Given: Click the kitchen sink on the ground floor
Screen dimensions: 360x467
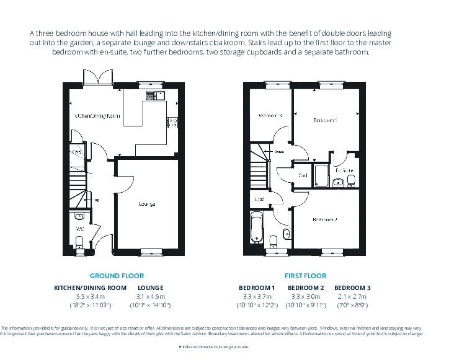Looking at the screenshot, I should click(154, 95).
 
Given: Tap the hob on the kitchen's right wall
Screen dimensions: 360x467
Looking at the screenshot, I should click(172, 123).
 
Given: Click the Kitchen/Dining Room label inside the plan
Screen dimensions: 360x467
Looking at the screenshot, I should click(97, 116).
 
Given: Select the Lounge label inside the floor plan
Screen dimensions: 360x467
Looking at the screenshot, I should click(147, 204).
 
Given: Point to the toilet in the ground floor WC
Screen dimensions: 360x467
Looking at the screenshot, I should click(79, 216).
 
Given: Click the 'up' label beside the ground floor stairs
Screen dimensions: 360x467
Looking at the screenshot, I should click(96, 200).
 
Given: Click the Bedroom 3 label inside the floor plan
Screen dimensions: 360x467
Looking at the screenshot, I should click(270, 115).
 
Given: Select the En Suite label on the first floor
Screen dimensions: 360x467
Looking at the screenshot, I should click(344, 170).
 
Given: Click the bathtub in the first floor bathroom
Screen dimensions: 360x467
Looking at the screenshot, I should click(257, 228).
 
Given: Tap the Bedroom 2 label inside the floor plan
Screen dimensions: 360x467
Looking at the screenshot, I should click(325, 220).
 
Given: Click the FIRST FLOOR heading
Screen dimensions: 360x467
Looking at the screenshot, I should click(305, 276).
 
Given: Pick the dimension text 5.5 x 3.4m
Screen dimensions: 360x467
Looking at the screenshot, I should click(90, 296).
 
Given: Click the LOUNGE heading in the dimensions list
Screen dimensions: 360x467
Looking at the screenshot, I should click(150, 288).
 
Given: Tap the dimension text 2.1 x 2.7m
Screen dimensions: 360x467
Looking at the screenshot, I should click(352, 296).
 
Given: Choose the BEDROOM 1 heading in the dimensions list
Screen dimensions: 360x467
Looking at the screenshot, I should click(257, 288).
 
